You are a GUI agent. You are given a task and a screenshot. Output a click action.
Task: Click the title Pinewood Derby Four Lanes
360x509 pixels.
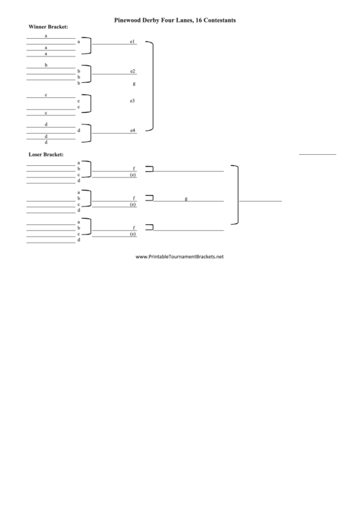(x=154, y=20)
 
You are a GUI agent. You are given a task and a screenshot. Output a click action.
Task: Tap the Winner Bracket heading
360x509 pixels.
(x=48, y=27)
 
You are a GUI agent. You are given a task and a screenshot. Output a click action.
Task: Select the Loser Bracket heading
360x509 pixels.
(x=46, y=154)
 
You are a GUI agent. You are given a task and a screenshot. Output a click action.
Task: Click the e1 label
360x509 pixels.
(x=132, y=41)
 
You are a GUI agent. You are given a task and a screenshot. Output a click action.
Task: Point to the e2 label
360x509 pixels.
(x=132, y=71)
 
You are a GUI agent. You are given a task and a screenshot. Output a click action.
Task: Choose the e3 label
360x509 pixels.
(x=132, y=101)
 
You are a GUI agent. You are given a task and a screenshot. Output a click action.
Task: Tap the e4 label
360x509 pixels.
(x=132, y=130)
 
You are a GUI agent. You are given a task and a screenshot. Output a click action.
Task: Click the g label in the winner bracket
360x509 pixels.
(x=134, y=84)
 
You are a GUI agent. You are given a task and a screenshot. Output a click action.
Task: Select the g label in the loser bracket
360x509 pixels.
(x=186, y=198)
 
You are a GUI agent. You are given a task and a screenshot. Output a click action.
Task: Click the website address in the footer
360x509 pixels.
(x=179, y=256)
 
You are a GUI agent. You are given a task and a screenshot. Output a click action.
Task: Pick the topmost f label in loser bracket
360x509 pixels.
(x=134, y=169)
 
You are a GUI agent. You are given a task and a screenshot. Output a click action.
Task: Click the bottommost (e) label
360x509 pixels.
(x=133, y=234)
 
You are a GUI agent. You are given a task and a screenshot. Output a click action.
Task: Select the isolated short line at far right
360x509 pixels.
(x=317, y=154)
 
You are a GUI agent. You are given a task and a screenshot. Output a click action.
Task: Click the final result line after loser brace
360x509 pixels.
(x=260, y=201)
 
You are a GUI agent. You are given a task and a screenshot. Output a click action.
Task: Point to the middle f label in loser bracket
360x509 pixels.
(x=134, y=198)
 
